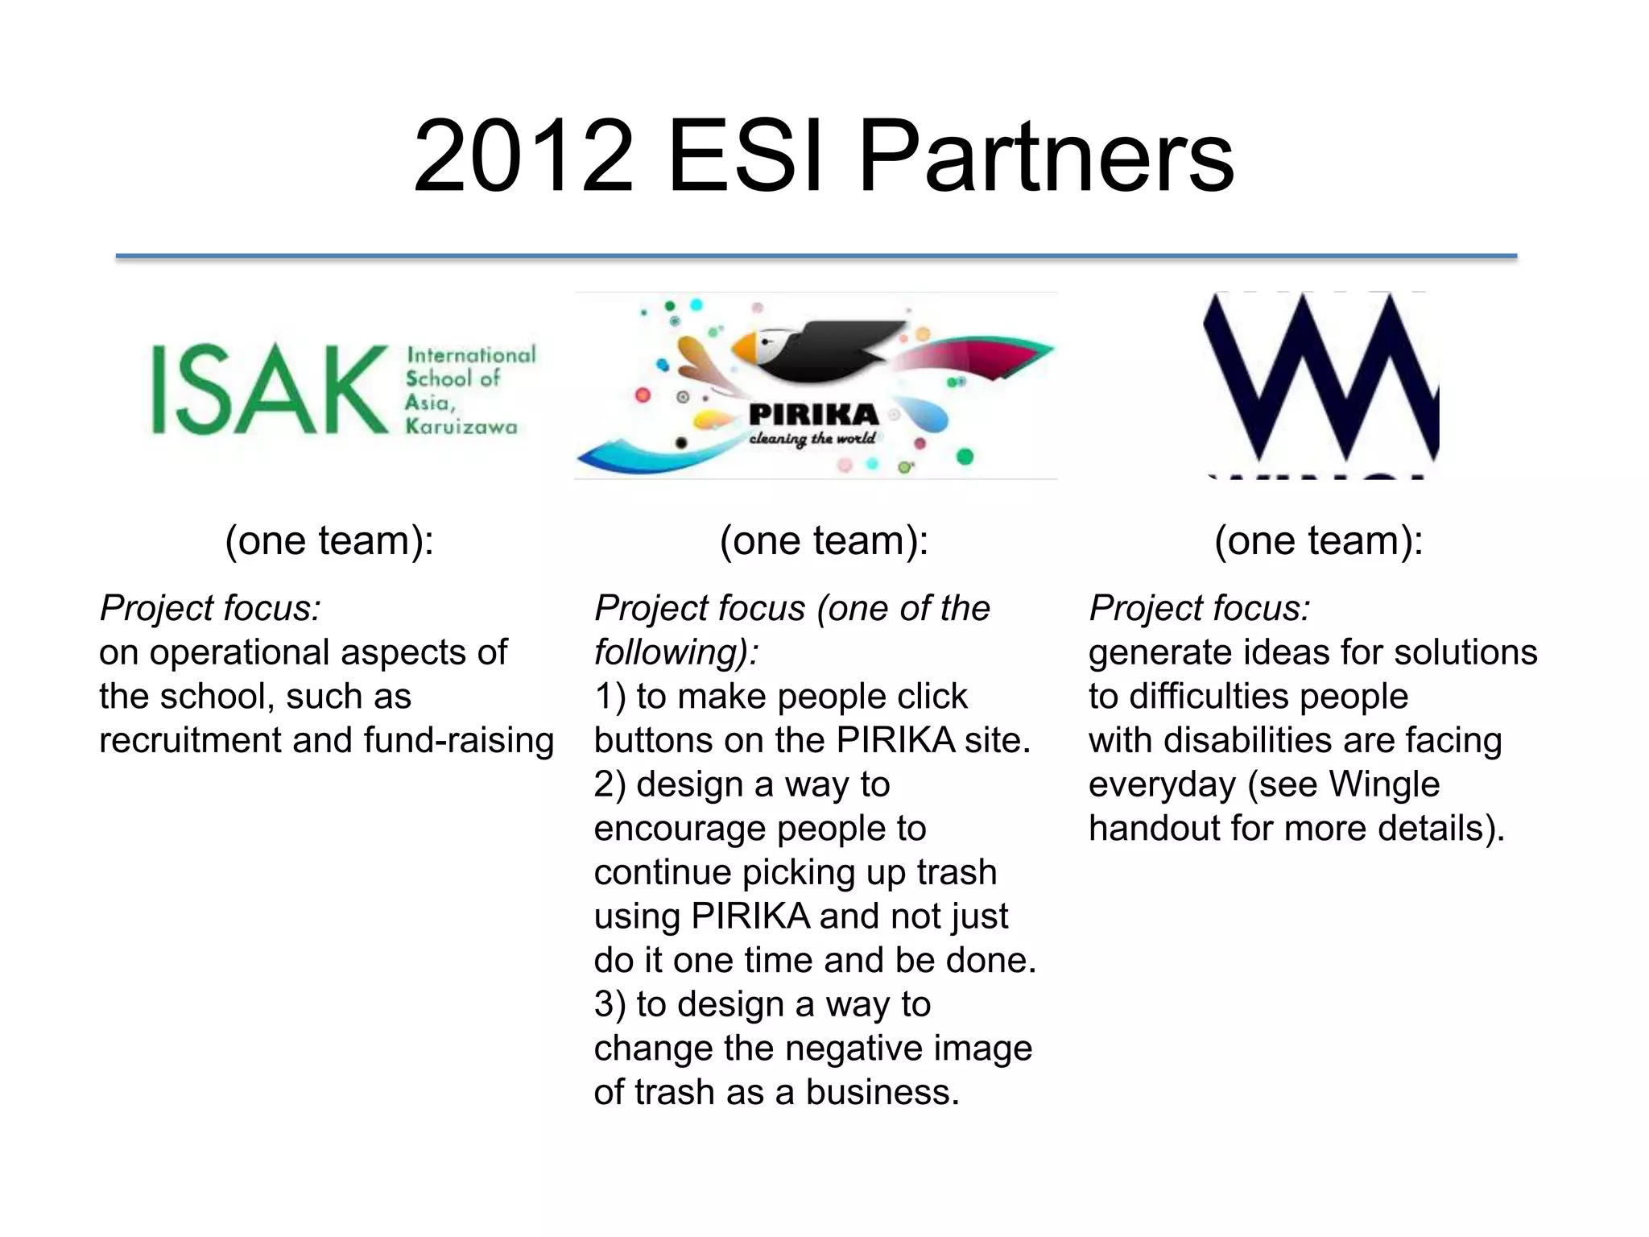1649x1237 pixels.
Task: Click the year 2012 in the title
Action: tap(523, 156)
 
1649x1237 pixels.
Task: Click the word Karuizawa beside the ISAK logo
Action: tap(461, 426)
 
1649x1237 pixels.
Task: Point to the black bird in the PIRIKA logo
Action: tap(829, 350)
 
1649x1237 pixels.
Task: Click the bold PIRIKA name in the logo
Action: tap(813, 415)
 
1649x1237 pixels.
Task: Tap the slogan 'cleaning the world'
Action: tap(812, 439)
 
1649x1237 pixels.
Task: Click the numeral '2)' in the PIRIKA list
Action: tap(610, 784)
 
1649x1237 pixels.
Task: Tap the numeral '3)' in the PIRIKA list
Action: tap(610, 1004)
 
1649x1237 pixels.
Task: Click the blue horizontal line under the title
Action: tap(816, 256)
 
